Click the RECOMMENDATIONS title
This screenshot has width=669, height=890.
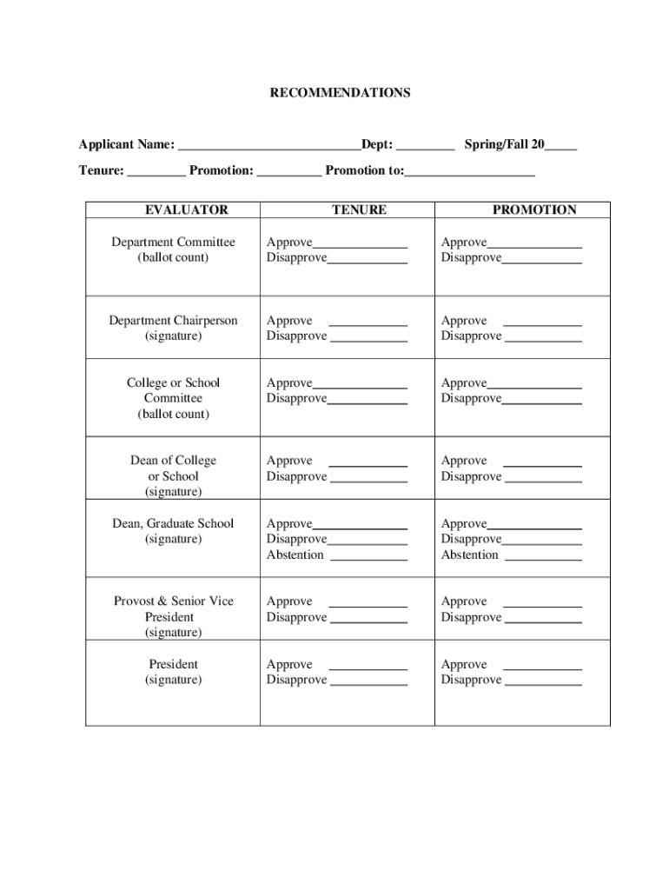340,92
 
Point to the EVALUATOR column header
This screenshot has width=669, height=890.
186,209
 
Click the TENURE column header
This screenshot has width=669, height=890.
359,209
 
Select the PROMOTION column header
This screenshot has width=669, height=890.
534,209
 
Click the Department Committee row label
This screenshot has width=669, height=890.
173,242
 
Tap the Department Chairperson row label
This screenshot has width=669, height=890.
173,321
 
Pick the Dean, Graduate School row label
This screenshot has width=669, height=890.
173,523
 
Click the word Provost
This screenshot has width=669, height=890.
135,601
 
